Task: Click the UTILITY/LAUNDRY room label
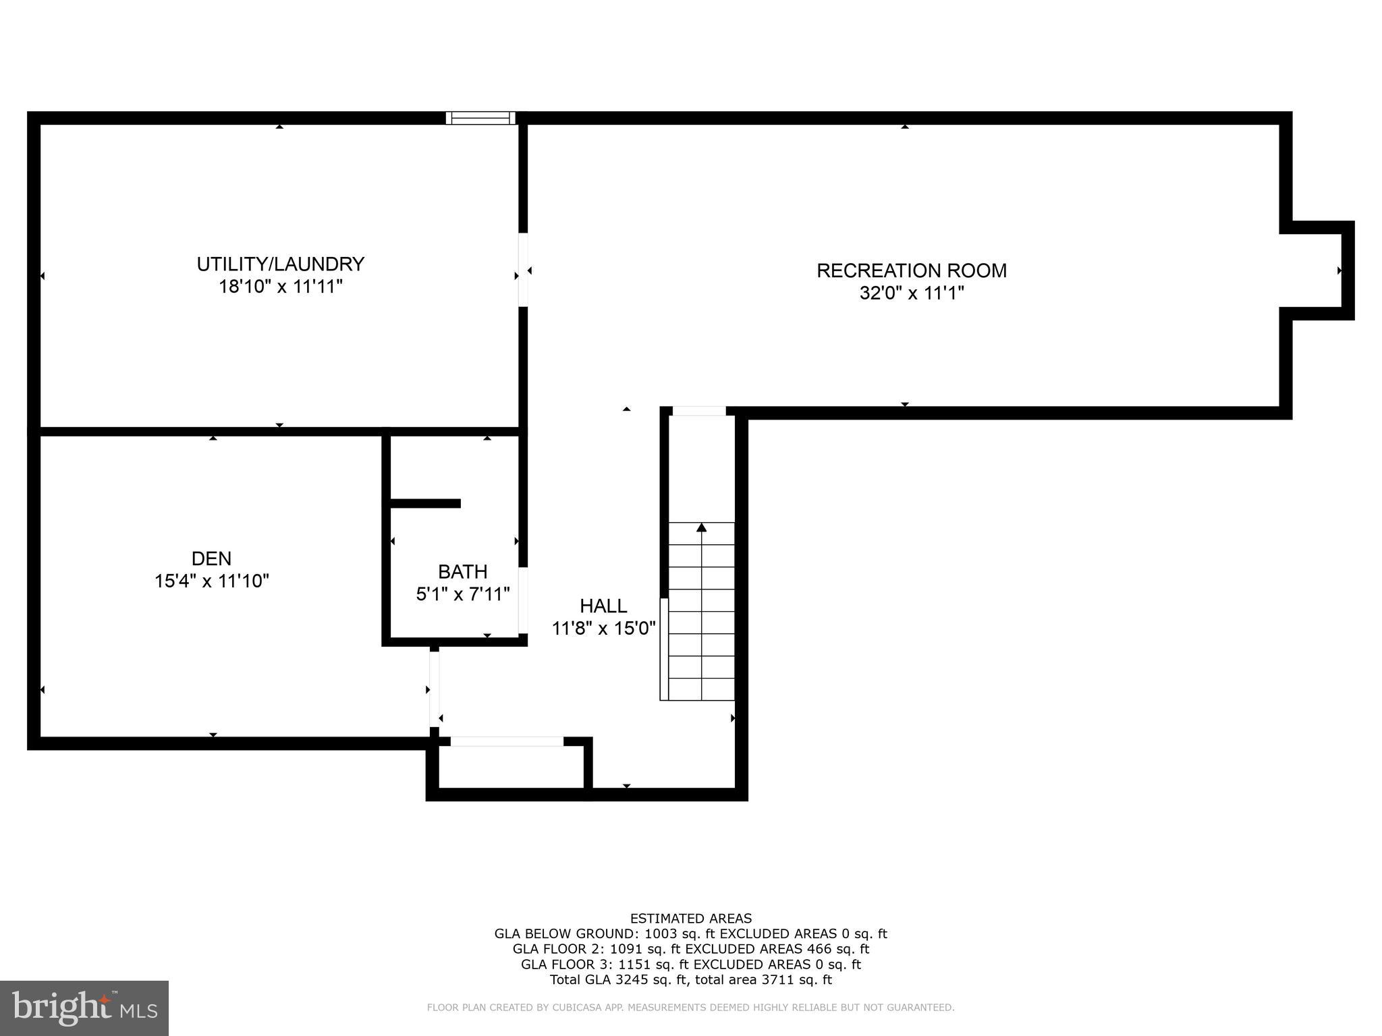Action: (280, 264)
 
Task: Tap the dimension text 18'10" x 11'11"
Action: (280, 287)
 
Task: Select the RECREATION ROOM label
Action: (911, 270)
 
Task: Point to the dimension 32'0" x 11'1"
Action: (911, 293)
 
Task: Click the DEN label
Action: (211, 558)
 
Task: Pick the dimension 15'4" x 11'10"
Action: (211, 581)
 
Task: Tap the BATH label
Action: (462, 572)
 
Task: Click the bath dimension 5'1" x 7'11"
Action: (462, 594)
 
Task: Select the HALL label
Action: (603, 606)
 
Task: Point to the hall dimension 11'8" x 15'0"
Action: (603, 629)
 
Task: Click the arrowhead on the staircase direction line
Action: (702, 527)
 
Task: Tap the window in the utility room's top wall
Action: (480, 118)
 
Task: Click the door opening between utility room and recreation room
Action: (523, 270)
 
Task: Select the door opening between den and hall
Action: (434, 689)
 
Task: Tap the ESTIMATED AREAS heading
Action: (690, 919)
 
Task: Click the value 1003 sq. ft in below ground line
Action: (680, 934)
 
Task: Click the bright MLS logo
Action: (84, 1008)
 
